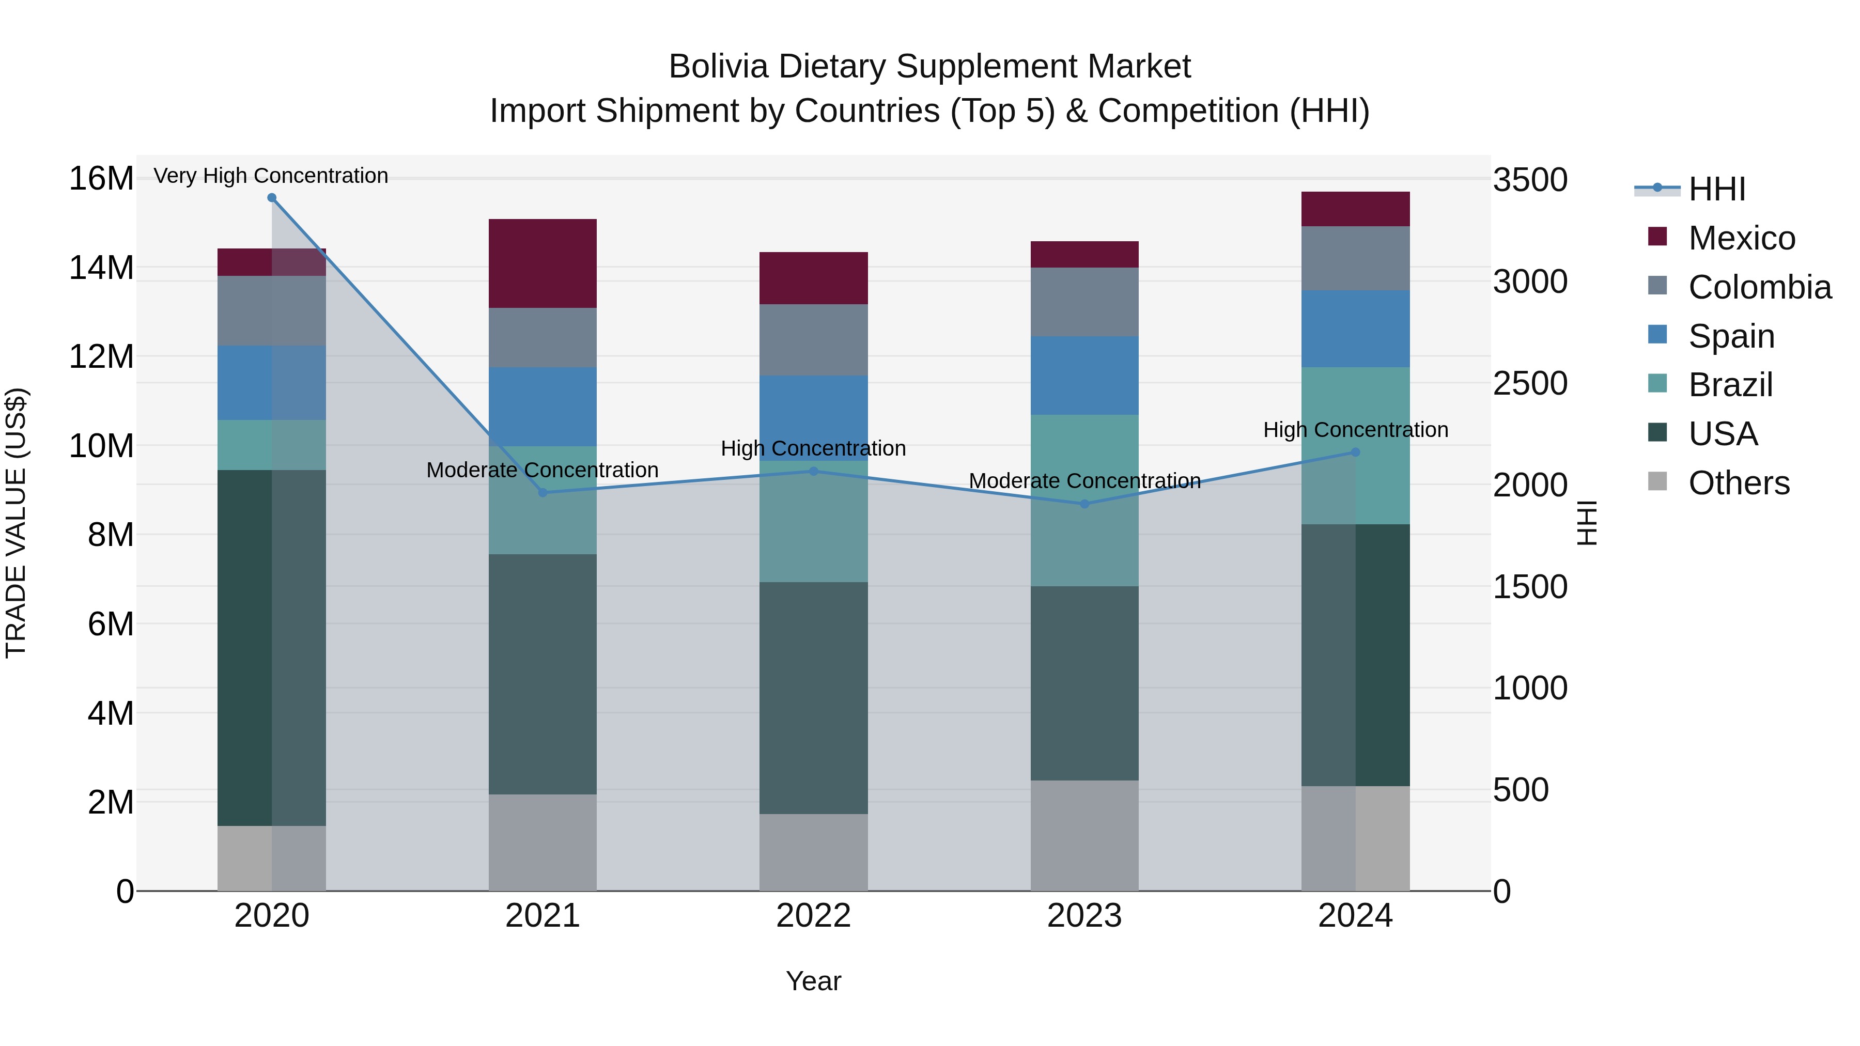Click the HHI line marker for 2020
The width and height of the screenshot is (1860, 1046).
pos(271,198)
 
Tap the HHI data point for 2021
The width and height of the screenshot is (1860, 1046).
pos(543,492)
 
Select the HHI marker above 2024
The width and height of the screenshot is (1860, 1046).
pos(1355,452)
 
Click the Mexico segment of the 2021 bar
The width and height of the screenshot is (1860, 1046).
pos(543,263)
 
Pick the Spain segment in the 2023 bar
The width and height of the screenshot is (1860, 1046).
pos(1084,376)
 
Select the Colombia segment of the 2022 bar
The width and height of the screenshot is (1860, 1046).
pos(814,340)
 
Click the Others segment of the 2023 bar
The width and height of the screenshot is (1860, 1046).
pos(1084,835)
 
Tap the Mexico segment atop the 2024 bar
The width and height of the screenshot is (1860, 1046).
pos(1355,209)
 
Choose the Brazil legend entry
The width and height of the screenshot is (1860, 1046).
pos(1730,385)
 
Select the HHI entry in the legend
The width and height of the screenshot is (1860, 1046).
pos(1716,189)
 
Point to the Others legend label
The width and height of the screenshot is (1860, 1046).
pos(1739,483)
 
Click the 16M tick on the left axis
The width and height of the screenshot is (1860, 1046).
pos(101,178)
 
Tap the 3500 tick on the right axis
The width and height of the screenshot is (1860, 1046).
pos(1530,180)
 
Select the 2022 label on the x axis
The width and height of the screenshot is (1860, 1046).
pos(814,916)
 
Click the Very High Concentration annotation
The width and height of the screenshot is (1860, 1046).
pos(271,176)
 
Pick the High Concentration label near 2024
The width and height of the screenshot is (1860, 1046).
pos(1355,430)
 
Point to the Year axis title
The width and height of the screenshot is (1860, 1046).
pos(814,981)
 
